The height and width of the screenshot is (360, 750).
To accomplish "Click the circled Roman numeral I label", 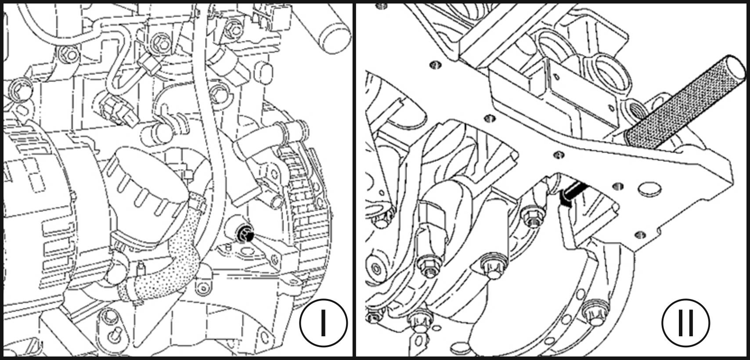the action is pos(324,323).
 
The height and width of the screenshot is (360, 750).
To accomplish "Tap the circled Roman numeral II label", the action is pos(686,323).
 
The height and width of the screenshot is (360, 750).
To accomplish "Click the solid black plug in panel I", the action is pos(245,233).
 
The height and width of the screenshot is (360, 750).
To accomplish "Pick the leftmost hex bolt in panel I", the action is pos(21,89).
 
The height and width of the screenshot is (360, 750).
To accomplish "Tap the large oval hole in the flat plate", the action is pos(649,190).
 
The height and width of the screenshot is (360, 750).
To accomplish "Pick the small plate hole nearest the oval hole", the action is pos(618,186).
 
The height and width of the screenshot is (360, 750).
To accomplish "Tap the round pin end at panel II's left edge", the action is pos(376,268).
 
